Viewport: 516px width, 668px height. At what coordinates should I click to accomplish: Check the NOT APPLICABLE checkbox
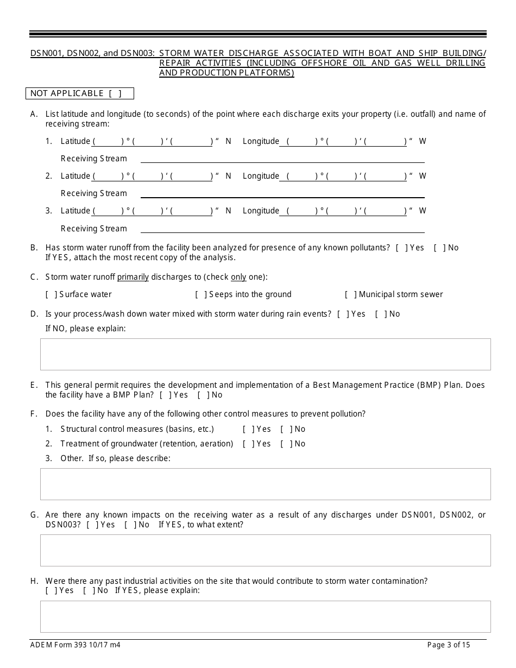point(115,93)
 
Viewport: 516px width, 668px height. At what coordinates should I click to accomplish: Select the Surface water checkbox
point(51,294)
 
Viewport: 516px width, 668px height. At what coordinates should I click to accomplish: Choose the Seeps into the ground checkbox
point(200,294)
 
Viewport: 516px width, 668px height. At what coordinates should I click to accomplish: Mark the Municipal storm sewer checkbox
point(350,294)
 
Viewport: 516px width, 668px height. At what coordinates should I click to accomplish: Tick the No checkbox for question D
point(381,314)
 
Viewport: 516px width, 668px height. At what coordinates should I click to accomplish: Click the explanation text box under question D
point(265,354)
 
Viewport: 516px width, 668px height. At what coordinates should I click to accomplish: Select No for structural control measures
point(286,429)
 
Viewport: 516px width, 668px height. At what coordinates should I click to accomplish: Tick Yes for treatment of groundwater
point(248,444)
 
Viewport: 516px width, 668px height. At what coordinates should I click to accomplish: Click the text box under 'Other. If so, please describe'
point(265,484)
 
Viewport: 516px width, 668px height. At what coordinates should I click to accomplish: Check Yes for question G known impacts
point(92,525)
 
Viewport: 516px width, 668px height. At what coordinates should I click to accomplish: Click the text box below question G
point(265,550)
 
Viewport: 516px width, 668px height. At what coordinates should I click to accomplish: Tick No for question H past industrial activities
point(89,590)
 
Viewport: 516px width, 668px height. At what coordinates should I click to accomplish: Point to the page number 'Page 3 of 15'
point(449,645)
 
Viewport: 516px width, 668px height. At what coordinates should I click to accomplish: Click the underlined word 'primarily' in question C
point(133,277)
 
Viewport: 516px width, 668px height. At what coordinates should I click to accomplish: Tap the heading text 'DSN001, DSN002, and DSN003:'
point(92,53)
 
